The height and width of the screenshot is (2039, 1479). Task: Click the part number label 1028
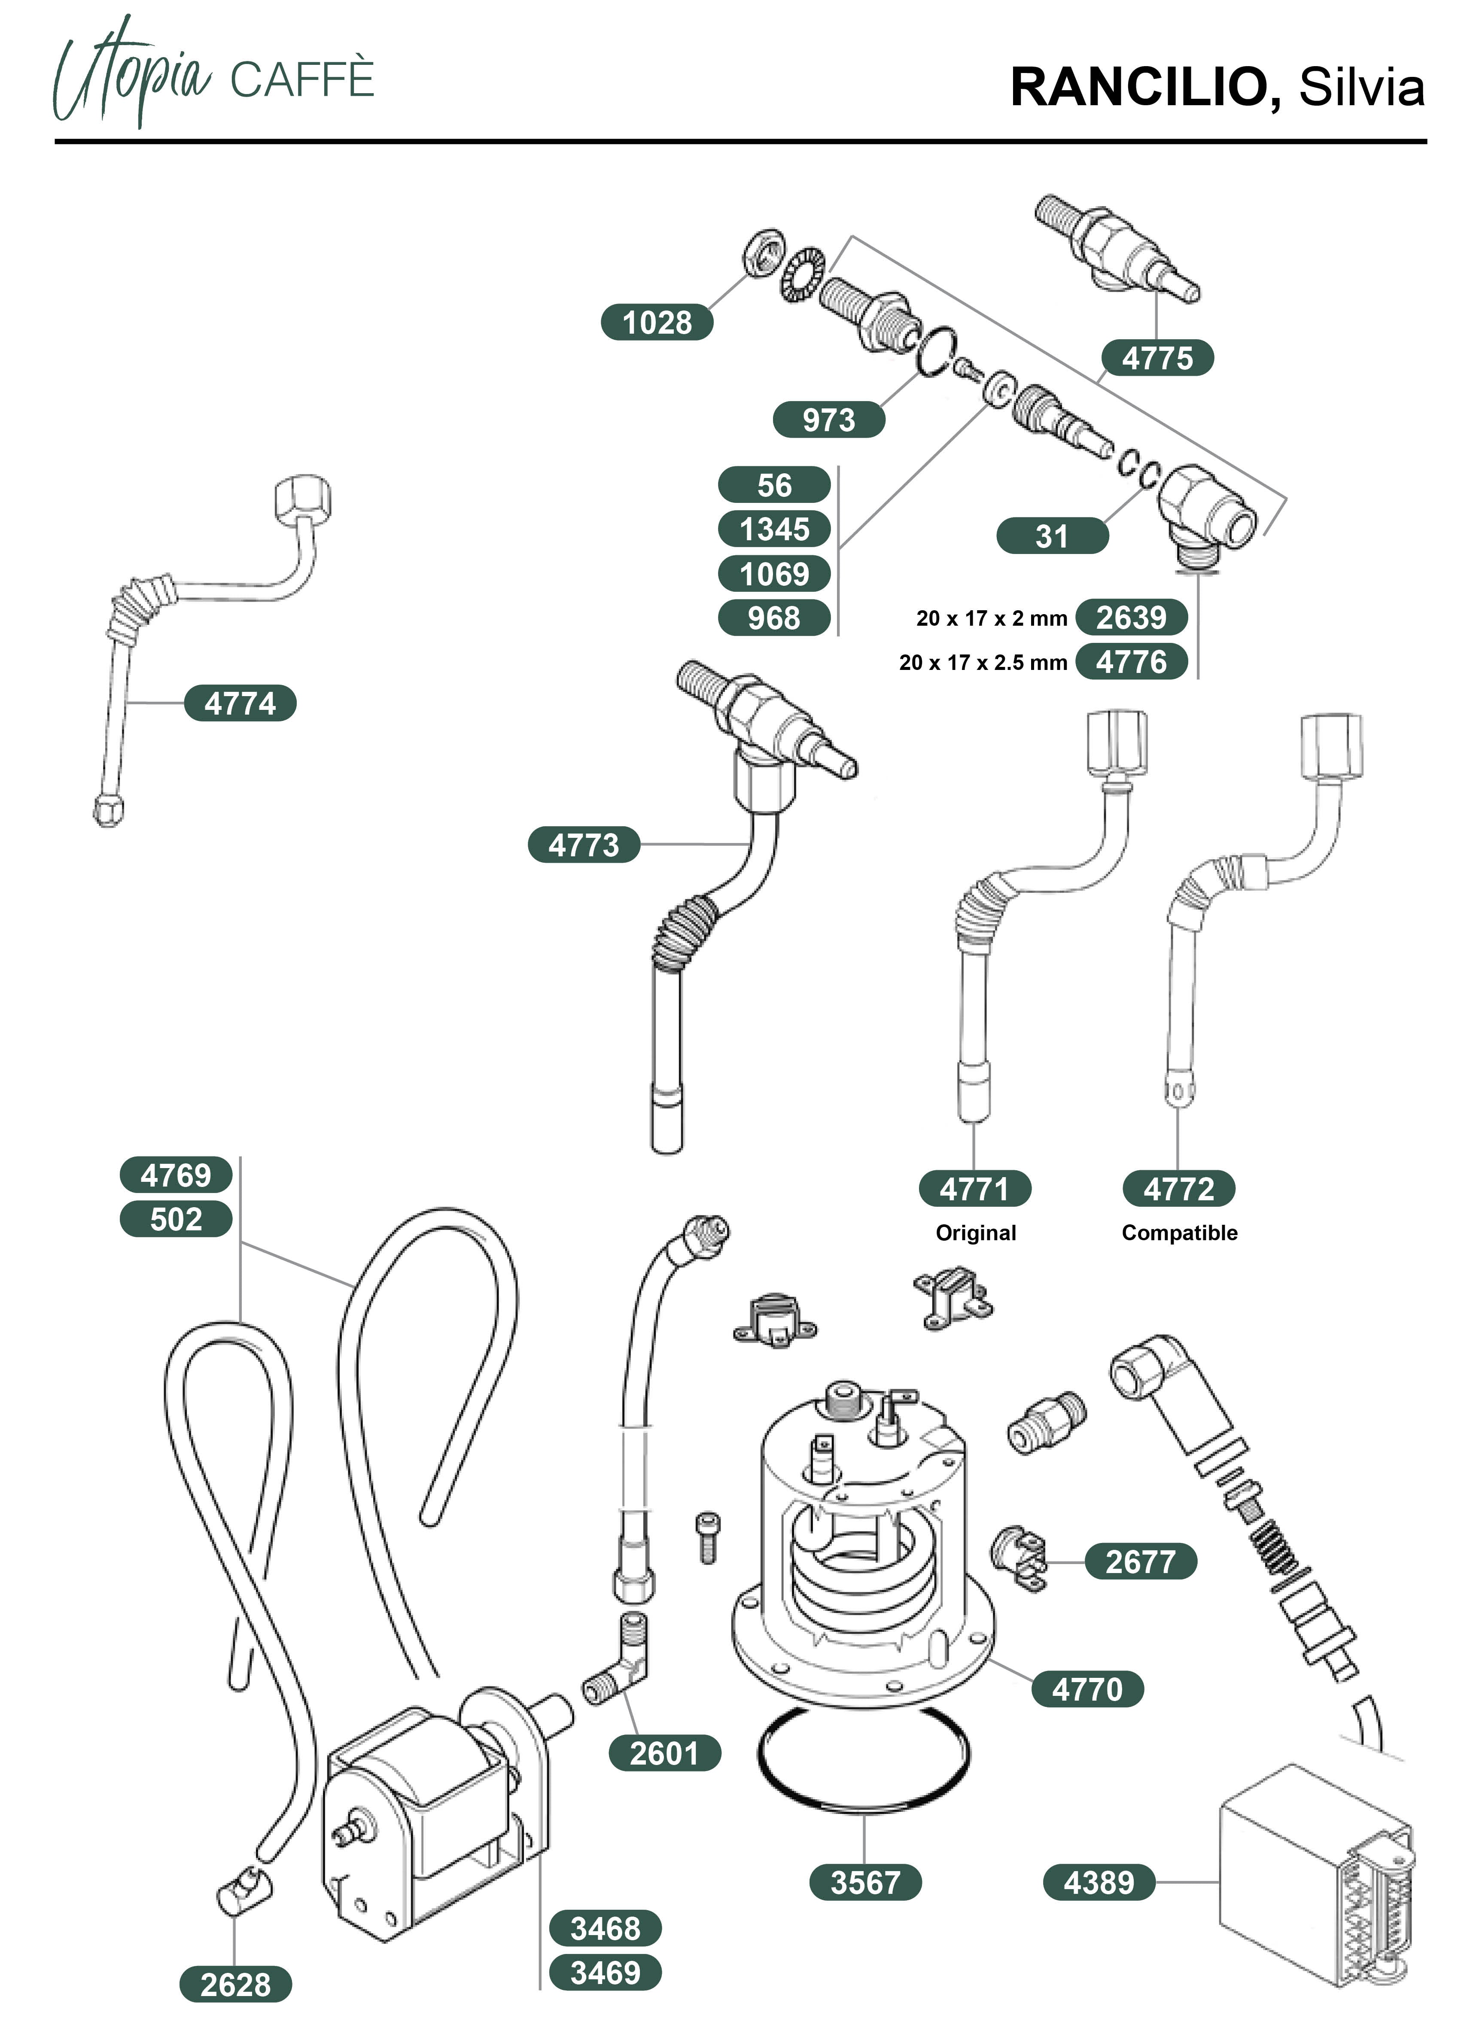click(x=656, y=322)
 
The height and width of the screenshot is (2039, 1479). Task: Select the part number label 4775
click(x=1156, y=358)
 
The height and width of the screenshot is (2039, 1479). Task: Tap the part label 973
click(x=828, y=420)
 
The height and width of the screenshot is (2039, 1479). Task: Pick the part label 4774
click(x=240, y=703)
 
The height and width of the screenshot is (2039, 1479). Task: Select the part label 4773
click(x=584, y=845)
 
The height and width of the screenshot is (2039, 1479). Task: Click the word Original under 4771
click(x=976, y=1233)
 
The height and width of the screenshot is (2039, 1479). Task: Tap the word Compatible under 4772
click(x=1179, y=1233)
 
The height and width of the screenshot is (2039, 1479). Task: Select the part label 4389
click(x=1099, y=1883)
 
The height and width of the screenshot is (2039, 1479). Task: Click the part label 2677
click(x=1140, y=1561)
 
